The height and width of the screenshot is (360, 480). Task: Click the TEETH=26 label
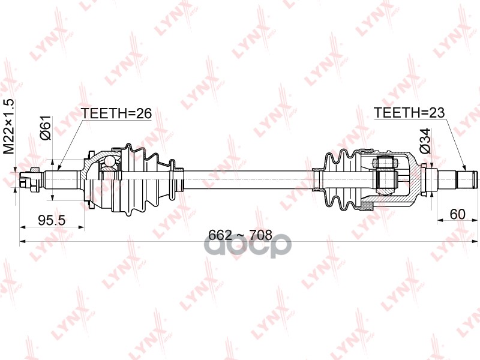(x=116, y=113)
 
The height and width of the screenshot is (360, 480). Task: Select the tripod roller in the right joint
(x=385, y=178)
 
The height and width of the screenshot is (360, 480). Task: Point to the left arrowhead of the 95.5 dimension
(x=23, y=227)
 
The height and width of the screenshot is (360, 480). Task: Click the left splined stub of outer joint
(x=60, y=178)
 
